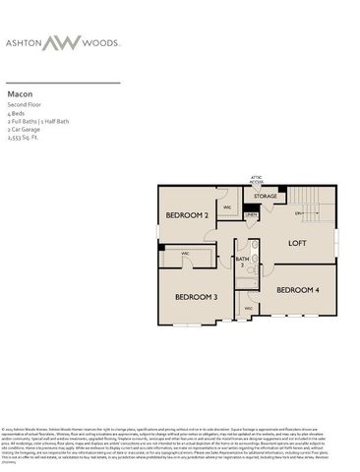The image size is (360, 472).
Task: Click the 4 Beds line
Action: point(17,112)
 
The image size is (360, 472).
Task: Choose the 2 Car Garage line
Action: point(25,128)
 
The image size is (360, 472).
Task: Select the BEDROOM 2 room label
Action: point(186,214)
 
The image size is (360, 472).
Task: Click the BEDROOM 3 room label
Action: point(196,296)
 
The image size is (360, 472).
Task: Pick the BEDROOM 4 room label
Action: point(297,290)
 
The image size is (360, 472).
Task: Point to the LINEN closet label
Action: point(251,214)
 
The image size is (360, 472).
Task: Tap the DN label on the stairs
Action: point(294,215)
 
